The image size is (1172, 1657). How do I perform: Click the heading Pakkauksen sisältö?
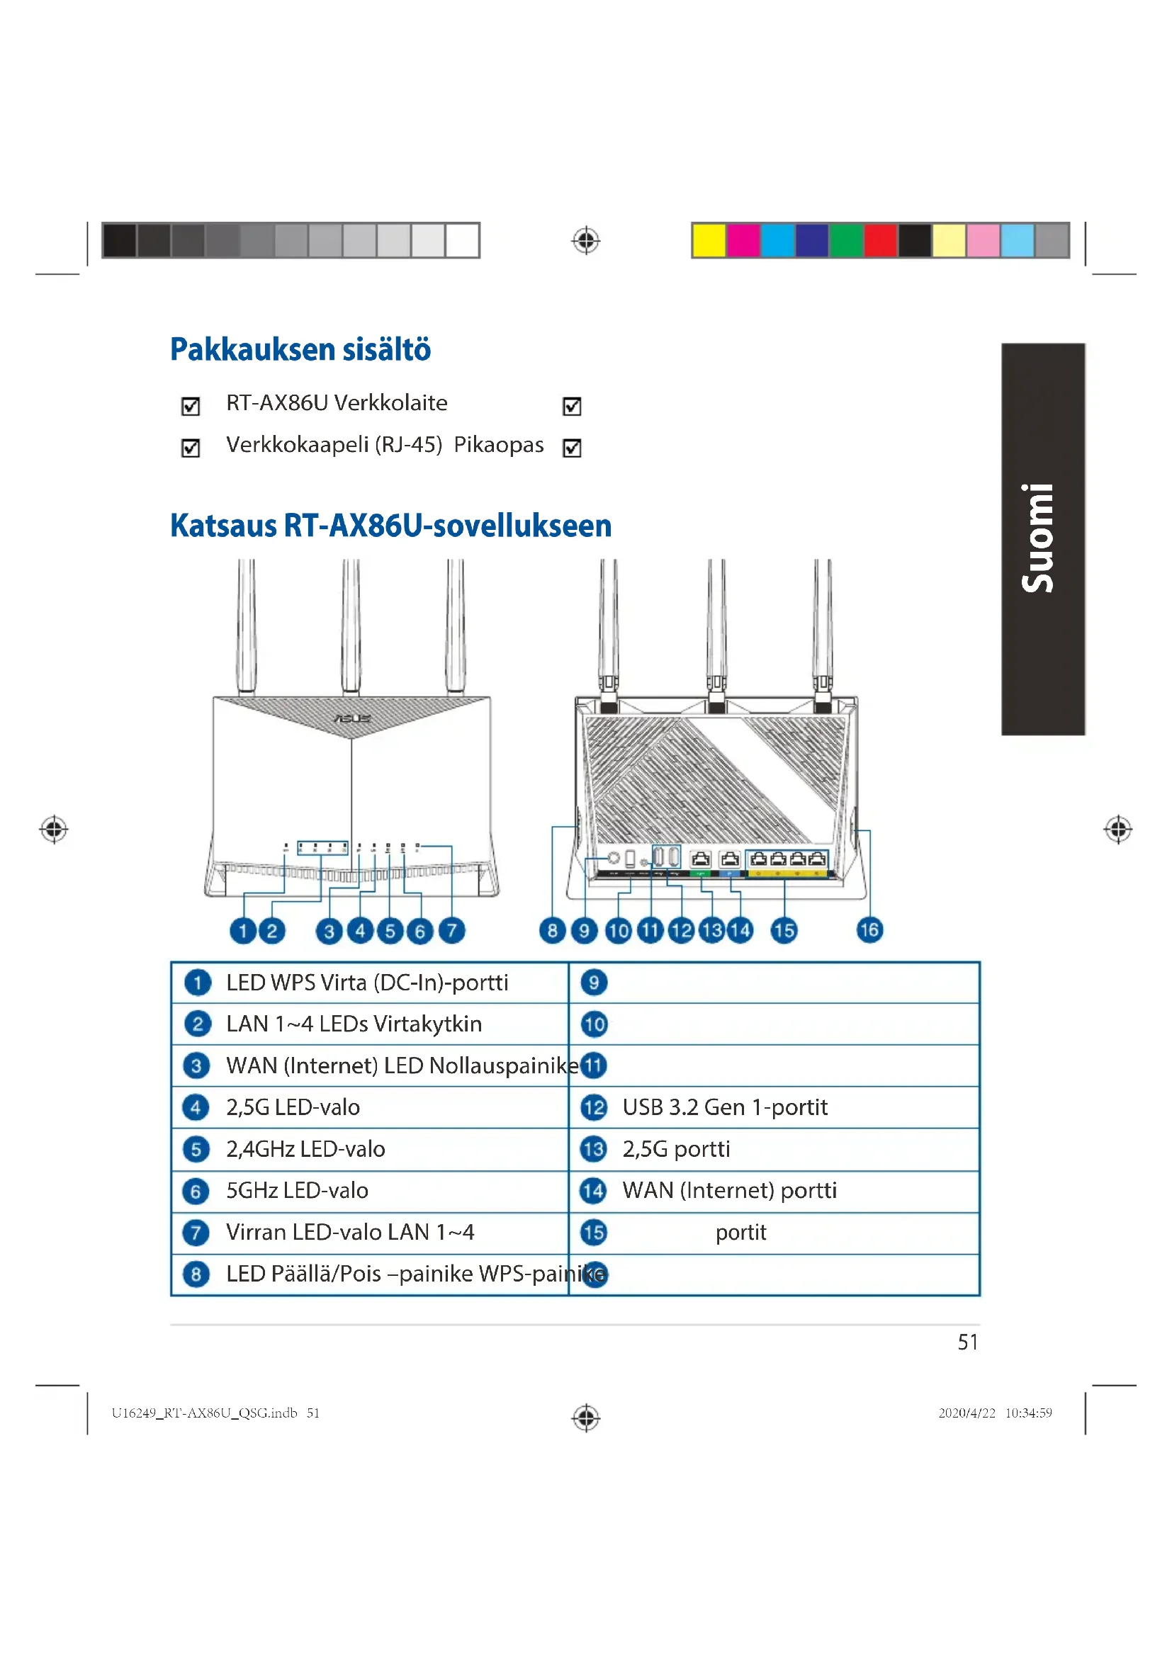point(300,349)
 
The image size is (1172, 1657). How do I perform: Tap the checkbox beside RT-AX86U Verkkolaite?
point(191,407)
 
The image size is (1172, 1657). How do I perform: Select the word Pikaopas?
point(498,445)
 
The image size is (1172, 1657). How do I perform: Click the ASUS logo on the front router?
point(352,718)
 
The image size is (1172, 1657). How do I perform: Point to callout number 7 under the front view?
point(451,930)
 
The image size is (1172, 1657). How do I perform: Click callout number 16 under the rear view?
point(869,929)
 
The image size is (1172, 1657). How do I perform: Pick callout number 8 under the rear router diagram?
point(552,930)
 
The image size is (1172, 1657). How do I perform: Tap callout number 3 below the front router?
point(329,931)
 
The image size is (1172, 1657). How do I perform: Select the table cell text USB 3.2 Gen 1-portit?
point(725,1107)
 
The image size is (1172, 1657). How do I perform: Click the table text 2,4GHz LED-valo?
point(305,1149)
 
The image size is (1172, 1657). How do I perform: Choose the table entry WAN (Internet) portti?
point(729,1190)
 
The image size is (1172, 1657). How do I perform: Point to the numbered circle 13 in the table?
point(593,1149)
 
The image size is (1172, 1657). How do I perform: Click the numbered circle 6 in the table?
point(196,1191)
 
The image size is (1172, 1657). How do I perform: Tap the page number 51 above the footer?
point(967,1342)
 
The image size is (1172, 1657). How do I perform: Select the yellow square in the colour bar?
point(708,240)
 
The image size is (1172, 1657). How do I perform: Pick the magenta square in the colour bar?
point(743,240)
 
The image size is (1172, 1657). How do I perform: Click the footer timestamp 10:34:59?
point(1027,1413)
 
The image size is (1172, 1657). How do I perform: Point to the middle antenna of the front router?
point(351,624)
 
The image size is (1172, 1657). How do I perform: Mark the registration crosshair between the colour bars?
point(586,240)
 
